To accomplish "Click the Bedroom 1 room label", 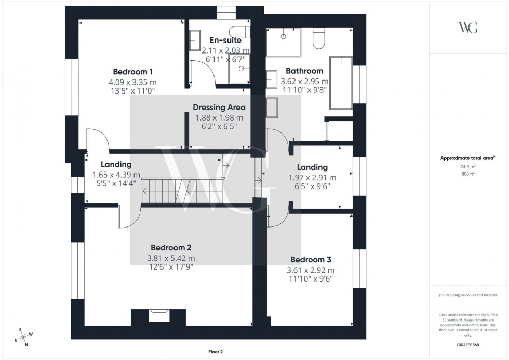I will click(132, 72).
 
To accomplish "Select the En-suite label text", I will click(225, 40).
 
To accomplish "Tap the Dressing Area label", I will click(219, 108).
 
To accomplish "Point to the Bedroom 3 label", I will click(311, 260).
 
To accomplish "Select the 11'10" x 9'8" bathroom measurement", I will click(304, 90).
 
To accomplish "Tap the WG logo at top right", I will click(467, 28).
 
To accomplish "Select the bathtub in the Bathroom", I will click(341, 82).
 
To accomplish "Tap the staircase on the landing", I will click(182, 191).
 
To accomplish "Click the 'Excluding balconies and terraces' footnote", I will click(467, 295).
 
